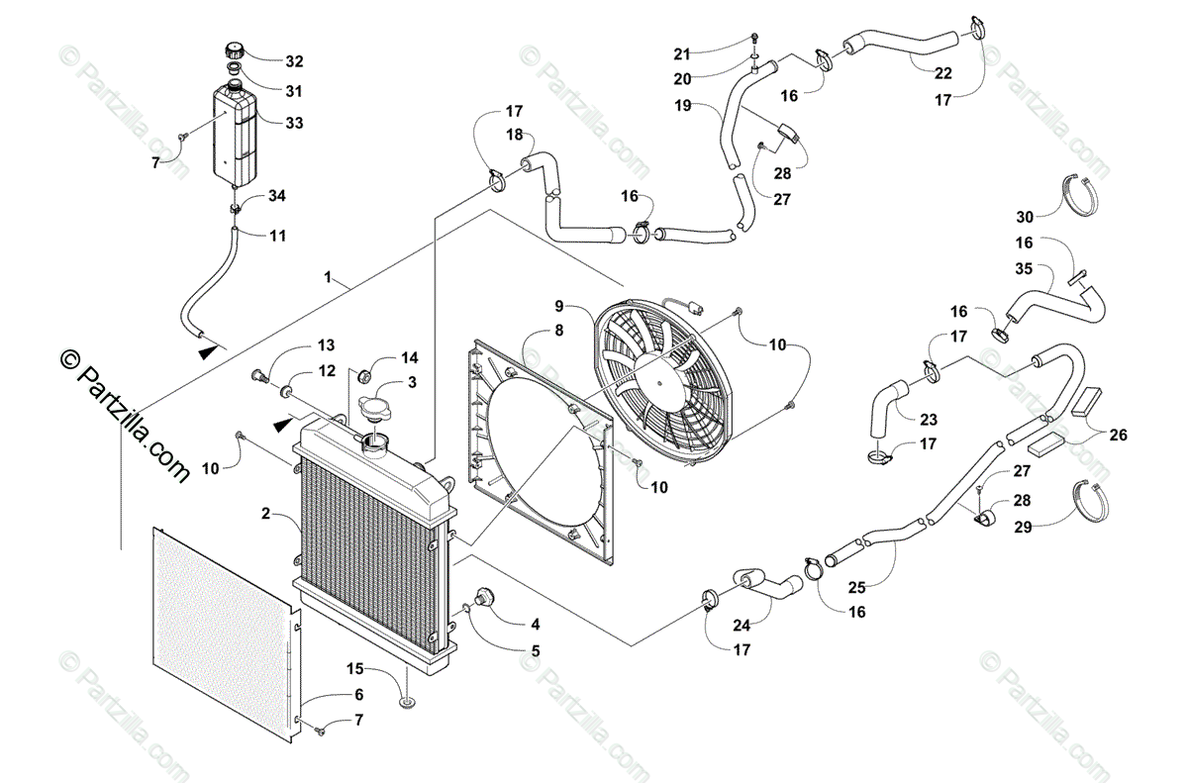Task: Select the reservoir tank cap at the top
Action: point(236,49)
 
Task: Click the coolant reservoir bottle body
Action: point(236,134)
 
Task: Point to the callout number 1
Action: point(328,277)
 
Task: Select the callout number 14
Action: point(409,357)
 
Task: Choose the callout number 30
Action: point(1024,217)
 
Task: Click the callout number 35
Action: point(1024,267)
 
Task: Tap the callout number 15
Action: point(355,668)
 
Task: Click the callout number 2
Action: point(265,513)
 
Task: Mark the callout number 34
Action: point(277,196)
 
